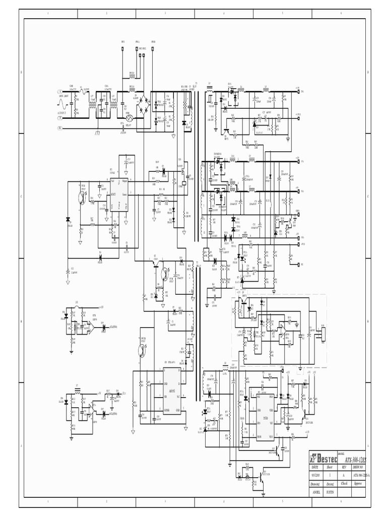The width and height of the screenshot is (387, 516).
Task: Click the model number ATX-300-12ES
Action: [x=355, y=460]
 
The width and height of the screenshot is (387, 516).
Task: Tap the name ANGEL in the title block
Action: [x=316, y=491]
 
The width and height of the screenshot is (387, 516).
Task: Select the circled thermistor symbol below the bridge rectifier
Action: [x=129, y=116]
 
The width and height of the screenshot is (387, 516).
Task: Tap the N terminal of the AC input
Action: [x=59, y=118]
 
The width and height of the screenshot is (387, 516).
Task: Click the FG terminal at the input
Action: [x=59, y=128]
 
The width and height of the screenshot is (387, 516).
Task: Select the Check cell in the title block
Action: [x=345, y=483]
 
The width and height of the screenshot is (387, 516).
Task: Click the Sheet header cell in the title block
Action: [x=330, y=467]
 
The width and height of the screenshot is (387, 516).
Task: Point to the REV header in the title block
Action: [x=344, y=467]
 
